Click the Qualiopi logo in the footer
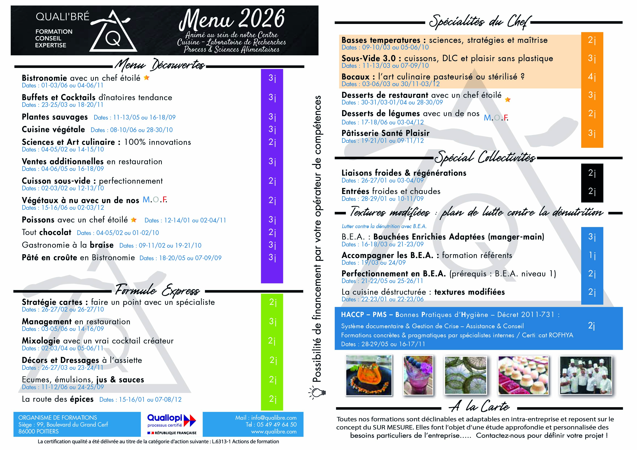tap(171, 424)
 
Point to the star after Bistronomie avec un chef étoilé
tap(147, 78)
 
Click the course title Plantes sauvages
tap(55, 117)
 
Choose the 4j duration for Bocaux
tap(592, 77)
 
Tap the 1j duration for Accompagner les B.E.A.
tap(592, 255)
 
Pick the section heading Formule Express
tap(157, 290)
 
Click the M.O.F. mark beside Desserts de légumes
tap(496, 118)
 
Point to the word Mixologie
tap(41, 341)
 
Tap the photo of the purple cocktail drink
tap(418, 375)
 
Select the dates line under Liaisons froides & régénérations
tap(383, 181)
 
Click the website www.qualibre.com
tap(273, 432)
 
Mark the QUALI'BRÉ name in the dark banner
tap(62, 17)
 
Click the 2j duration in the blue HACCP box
tap(591, 326)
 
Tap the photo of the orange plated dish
tap(369, 375)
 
